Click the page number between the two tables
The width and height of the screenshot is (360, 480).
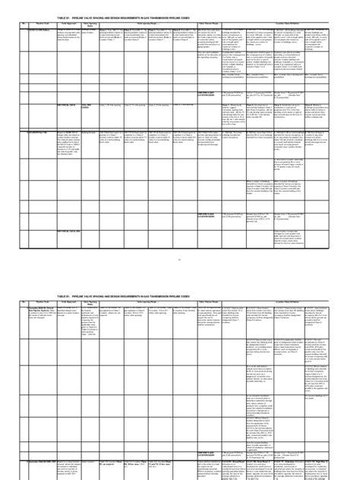[180, 238]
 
